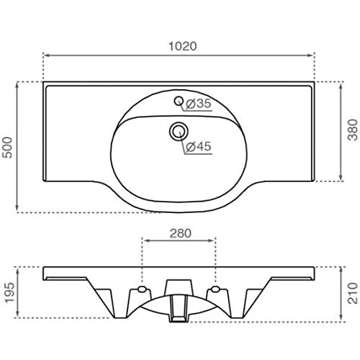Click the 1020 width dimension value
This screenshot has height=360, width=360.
[183, 46]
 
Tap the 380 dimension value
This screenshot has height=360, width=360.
[353, 130]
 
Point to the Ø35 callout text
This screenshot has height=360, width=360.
[199, 104]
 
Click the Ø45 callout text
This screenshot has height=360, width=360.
[199, 146]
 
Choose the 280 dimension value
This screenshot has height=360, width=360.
[181, 233]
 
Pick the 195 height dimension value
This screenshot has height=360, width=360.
[9, 293]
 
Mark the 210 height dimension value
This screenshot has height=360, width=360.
[353, 293]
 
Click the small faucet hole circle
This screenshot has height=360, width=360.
[179, 101]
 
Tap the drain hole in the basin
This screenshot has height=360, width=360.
[179, 131]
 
